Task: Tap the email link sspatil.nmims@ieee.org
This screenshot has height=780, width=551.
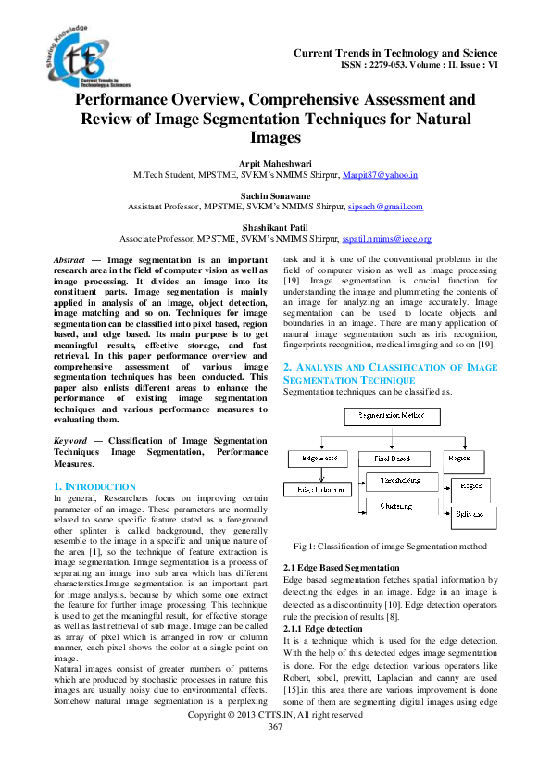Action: (x=387, y=238)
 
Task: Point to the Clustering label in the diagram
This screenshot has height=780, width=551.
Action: (x=395, y=506)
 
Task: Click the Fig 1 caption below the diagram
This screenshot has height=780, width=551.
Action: (x=389, y=547)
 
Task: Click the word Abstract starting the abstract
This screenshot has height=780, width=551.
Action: (x=69, y=261)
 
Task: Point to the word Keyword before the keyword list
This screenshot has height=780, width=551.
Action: (x=71, y=441)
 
